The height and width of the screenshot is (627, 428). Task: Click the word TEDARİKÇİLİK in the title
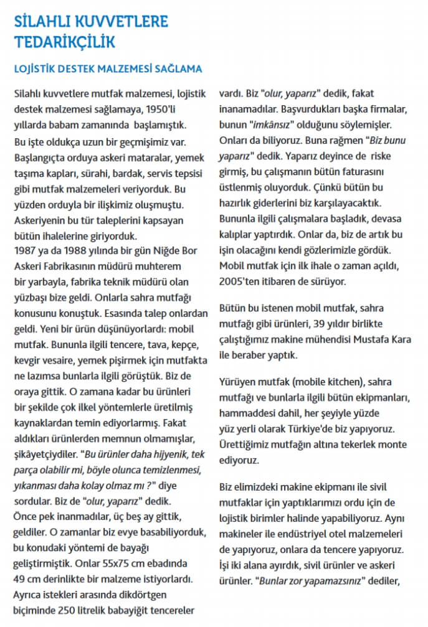coord(65,42)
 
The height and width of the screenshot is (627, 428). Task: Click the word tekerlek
coord(344,444)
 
